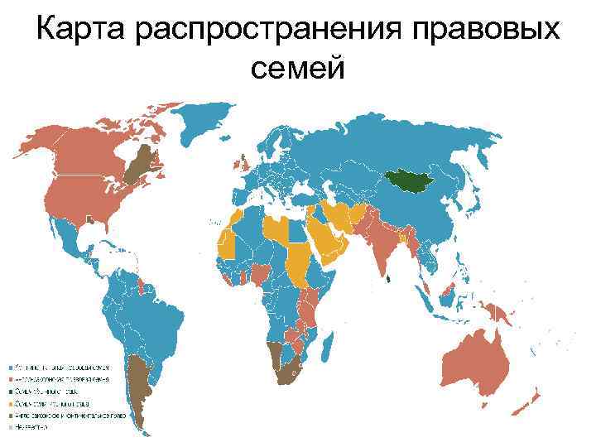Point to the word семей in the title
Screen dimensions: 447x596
(x=296, y=69)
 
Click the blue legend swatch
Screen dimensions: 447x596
(x=11, y=365)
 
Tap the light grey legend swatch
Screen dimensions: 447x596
(x=11, y=428)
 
